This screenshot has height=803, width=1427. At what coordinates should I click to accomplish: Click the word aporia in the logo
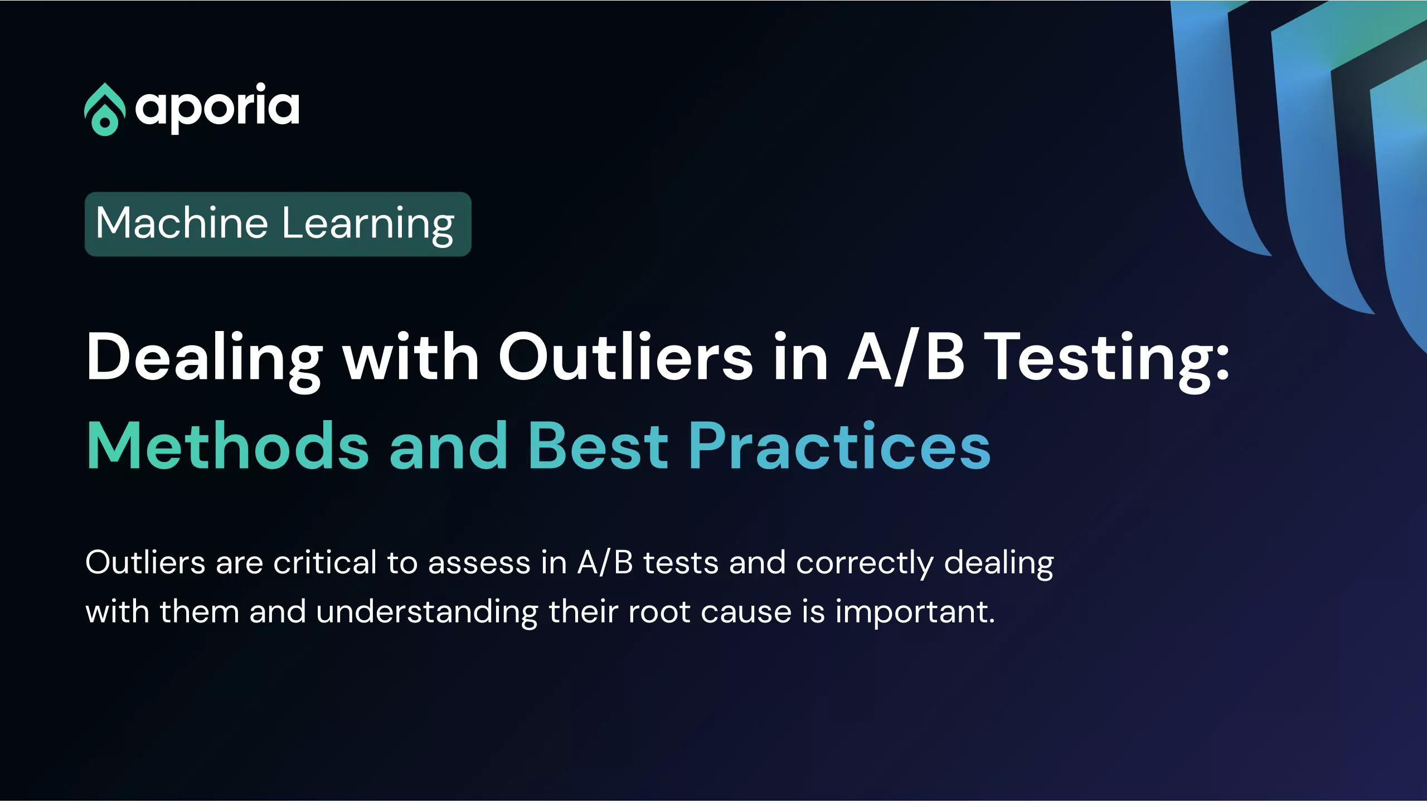coord(217,108)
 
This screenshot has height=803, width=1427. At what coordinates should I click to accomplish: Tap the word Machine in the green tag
coord(182,223)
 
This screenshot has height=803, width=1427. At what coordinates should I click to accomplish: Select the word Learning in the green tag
coord(368,225)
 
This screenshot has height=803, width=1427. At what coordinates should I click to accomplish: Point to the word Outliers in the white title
coord(625,357)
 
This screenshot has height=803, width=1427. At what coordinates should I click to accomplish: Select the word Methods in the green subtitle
coord(228,445)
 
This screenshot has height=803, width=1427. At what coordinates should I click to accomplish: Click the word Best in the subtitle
coord(598,445)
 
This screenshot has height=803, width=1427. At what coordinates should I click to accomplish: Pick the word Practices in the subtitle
coord(839,445)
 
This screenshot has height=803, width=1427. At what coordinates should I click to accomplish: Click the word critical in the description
coord(325,562)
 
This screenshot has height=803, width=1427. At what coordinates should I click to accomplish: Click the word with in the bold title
coord(411,357)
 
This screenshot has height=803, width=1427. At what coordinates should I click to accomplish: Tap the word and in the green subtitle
coord(449,445)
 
